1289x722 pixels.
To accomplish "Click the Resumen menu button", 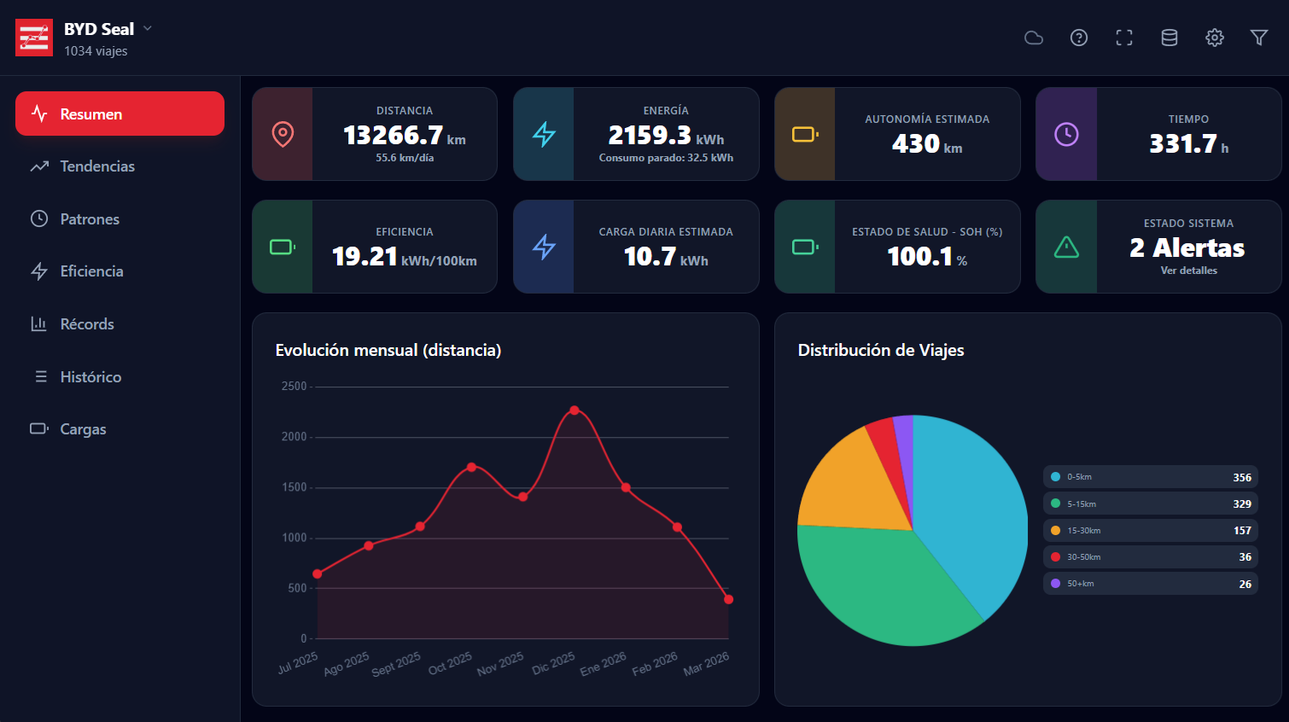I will [120, 114].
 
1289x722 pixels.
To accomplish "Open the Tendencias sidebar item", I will [96, 166].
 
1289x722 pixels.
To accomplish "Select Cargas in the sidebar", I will [83, 429].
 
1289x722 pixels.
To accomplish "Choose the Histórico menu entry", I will [90, 376].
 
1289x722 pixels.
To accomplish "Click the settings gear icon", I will [1214, 38].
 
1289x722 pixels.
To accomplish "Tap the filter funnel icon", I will [1258, 38].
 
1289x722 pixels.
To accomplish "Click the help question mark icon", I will [1079, 38].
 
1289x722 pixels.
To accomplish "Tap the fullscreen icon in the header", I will [1124, 38].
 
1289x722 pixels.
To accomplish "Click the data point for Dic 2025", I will [575, 410].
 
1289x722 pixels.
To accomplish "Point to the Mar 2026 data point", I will [728, 599].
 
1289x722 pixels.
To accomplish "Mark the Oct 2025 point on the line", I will [471, 467].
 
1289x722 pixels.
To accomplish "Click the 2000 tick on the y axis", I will [295, 437].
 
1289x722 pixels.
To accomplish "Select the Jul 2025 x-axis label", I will [298, 662].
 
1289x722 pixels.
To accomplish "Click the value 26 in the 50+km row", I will [1245, 584].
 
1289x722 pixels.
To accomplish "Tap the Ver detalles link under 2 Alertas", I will [1188, 271].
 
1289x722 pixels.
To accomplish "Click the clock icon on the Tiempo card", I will [1066, 134].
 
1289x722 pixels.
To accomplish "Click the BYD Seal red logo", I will [34, 38].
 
